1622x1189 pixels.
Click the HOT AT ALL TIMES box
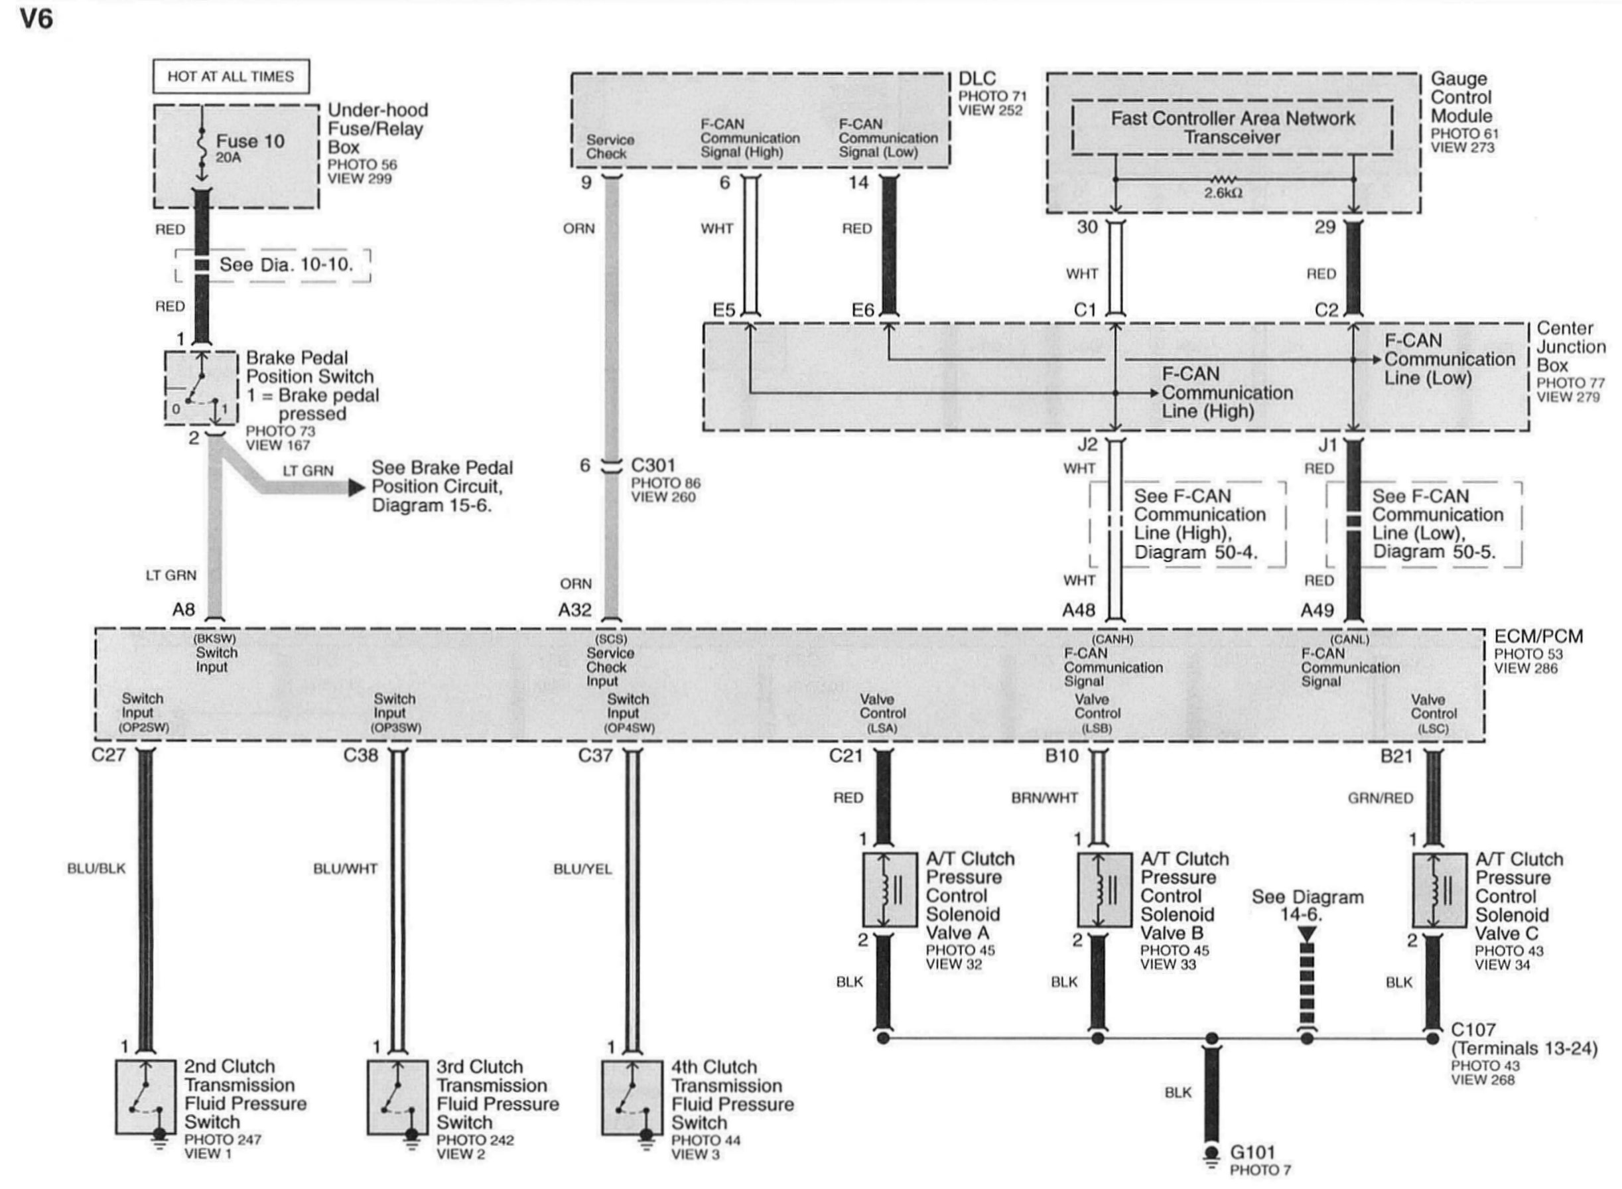click(x=230, y=76)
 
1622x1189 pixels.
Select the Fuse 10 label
click(x=249, y=141)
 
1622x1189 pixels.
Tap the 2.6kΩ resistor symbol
click(x=1223, y=179)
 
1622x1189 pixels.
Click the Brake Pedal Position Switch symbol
click(x=201, y=389)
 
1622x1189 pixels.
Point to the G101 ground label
click(x=1251, y=1153)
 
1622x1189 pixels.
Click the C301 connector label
click(x=653, y=465)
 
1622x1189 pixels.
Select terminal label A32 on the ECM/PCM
click(x=574, y=610)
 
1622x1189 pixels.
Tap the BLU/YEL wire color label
click(x=582, y=869)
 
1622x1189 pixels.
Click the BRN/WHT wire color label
click(x=1044, y=798)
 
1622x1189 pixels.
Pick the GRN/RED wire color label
click(x=1379, y=798)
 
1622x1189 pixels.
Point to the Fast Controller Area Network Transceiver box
click(x=1231, y=127)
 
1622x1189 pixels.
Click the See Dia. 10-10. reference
click(x=286, y=264)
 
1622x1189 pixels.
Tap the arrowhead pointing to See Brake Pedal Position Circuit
click(x=356, y=487)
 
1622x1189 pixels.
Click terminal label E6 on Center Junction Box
click(x=862, y=311)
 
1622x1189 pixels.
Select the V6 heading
click(x=36, y=19)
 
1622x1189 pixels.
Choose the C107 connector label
click(x=1473, y=1030)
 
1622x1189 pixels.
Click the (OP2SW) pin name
click(x=144, y=728)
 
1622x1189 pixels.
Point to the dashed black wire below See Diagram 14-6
click(x=1307, y=986)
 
